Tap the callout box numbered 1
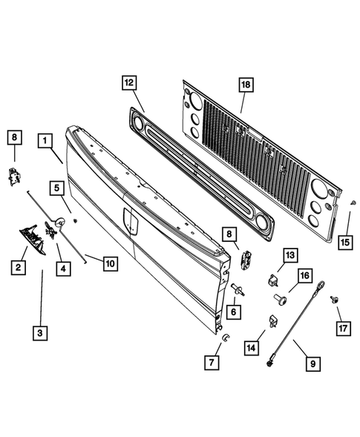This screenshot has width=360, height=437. (46, 139)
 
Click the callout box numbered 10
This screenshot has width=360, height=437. (109, 262)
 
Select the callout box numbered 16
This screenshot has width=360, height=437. (304, 276)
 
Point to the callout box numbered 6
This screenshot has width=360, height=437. (234, 313)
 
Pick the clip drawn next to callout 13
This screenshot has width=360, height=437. (272, 280)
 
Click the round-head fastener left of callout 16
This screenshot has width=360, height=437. (279, 299)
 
